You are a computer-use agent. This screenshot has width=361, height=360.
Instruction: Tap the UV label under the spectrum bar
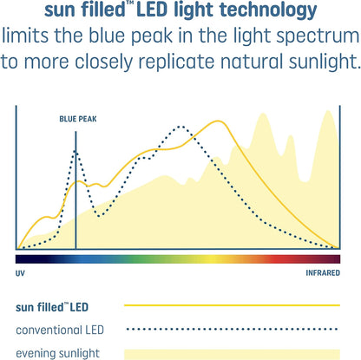[x=21, y=272]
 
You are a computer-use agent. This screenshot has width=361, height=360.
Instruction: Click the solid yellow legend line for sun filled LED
[x=232, y=306]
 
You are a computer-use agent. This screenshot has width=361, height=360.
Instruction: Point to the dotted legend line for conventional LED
[x=232, y=330]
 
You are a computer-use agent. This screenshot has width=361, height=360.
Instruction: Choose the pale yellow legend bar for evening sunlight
[x=232, y=353]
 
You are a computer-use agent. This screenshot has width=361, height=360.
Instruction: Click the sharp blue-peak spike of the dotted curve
[x=75, y=152]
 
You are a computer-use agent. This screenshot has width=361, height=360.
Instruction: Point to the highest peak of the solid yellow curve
[x=211, y=121]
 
